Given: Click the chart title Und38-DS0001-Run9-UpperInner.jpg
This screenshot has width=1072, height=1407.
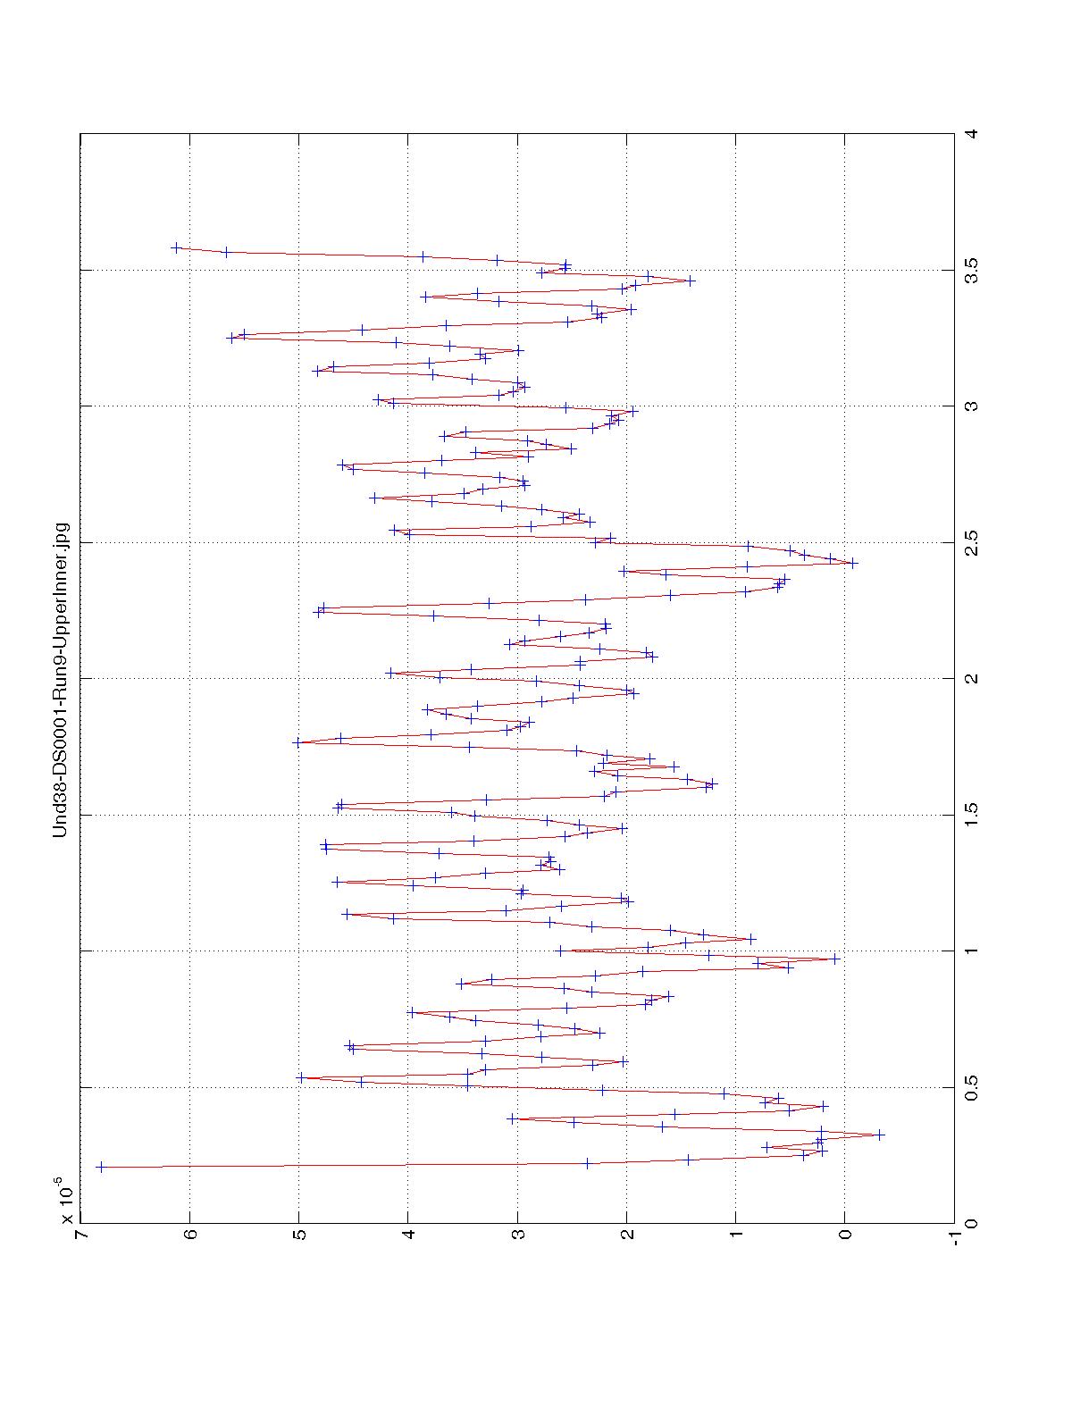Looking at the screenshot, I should pyautogui.click(x=61, y=678).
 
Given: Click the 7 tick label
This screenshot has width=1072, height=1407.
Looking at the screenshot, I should pyautogui.click(x=80, y=1240).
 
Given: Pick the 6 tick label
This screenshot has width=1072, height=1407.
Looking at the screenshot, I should pyautogui.click(x=190, y=1240).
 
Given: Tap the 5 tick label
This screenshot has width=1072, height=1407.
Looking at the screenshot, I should pyautogui.click(x=299, y=1240).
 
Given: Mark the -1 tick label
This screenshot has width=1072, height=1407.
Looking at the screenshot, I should pyautogui.click(x=953, y=1240).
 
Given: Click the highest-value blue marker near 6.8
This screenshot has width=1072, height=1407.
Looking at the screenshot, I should pyautogui.click(x=100, y=1167).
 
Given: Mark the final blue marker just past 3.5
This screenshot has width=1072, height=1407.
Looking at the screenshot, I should pyautogui.click(x=176, y=247).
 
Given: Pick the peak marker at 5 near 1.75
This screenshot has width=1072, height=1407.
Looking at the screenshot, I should pyautogui.click(x=297, y=742).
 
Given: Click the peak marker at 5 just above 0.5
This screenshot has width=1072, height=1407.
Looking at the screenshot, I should pyautogui.click(x=301, y=1077).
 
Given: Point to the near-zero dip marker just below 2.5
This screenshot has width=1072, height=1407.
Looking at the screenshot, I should pyautogui.click(x=852, y=563).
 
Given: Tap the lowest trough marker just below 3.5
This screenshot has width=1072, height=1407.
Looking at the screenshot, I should pyautogui.click(x=690, y=281).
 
